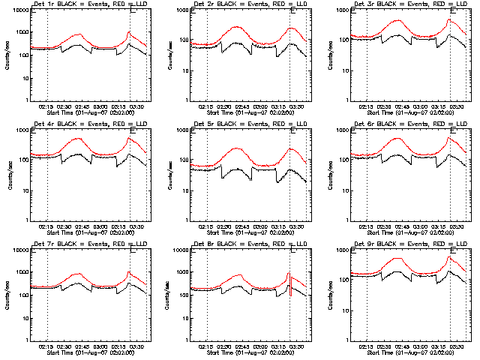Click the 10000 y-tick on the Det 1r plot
pos(18,10)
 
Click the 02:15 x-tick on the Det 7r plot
pos(46,348)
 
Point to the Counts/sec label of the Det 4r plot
pos(7,175)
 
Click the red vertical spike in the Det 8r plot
pos(289,283)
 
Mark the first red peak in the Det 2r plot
pos(239,26)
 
